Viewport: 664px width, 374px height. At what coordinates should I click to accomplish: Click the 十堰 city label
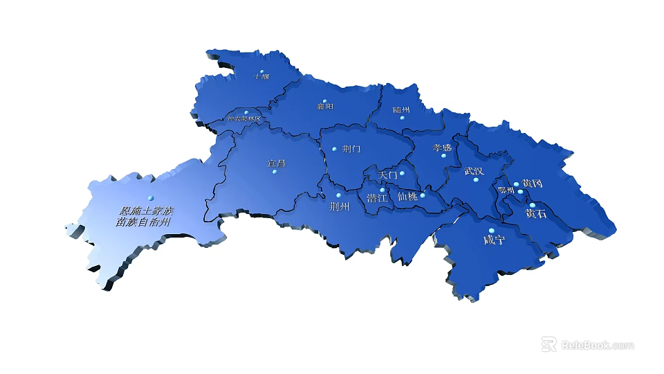(261, 78)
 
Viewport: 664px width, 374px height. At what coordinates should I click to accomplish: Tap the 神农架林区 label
(244, 119)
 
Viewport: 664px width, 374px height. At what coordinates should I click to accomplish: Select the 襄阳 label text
(325, 107)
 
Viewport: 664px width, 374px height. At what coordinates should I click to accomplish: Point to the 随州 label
(401, 110)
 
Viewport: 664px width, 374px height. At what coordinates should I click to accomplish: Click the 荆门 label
(351, 149)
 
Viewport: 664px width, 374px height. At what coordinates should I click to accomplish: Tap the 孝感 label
(442, 148)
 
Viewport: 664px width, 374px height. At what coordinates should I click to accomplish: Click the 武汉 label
(474, 171)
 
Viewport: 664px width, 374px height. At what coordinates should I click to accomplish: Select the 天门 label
(389, 175)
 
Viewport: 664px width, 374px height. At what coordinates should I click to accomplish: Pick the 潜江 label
(377, 198)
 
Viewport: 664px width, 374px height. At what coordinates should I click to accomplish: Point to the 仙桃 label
(408, 196)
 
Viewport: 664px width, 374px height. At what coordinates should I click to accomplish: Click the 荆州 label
(339, 206)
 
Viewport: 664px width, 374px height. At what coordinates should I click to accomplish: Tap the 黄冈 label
(532, 184)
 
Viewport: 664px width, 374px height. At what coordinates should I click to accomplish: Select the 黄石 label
(535, 214)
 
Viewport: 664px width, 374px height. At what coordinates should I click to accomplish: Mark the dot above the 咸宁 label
(491, 231)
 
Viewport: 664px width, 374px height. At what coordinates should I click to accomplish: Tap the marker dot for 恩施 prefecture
(150, 197)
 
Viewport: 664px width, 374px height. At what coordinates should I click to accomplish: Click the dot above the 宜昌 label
(275, 172)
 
